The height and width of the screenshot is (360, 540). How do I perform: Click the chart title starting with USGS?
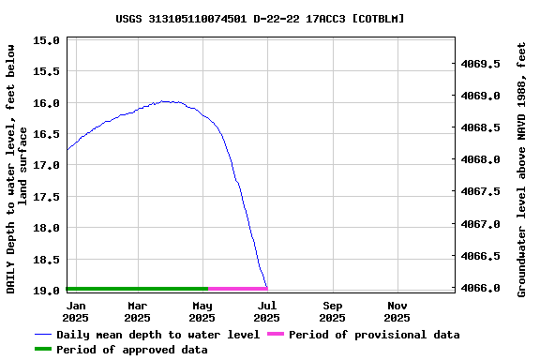[261, 18]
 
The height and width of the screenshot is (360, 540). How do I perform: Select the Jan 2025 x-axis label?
[77, 311]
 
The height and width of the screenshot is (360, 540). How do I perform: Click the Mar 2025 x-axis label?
[138, 311]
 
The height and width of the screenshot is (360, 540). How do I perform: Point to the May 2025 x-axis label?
[202, 311]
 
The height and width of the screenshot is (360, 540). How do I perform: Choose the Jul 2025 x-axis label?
[267, 311]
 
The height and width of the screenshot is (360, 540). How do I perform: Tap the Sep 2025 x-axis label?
[332, 311]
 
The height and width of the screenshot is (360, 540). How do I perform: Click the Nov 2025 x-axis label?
[397, 311]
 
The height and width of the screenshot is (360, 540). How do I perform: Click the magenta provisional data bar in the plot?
[237, 289]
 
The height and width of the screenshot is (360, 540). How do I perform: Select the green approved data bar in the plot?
[137, 289]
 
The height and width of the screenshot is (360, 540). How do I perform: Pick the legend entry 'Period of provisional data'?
[374, 335]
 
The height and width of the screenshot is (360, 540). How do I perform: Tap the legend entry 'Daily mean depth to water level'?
[157, 335]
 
